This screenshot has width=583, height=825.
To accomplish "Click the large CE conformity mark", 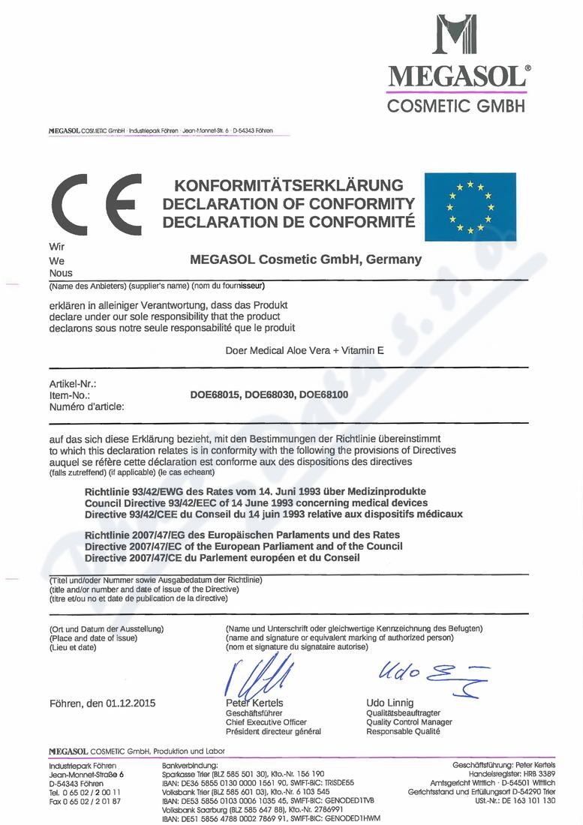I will (94, 203).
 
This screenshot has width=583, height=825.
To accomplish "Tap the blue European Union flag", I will (470, 206).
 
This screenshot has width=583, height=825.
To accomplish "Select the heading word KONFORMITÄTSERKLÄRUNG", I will (289, 185).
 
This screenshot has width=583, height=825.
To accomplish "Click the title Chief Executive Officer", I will (266, 722).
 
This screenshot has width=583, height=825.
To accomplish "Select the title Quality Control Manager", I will (409, 722).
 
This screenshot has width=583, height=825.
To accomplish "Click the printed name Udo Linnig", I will (390, 703).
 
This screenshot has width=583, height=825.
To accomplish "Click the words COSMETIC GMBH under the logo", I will (456, 106).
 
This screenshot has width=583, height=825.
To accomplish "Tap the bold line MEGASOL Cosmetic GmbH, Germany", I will (306, 260).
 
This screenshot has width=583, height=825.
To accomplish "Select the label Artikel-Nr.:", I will (73, 384).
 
